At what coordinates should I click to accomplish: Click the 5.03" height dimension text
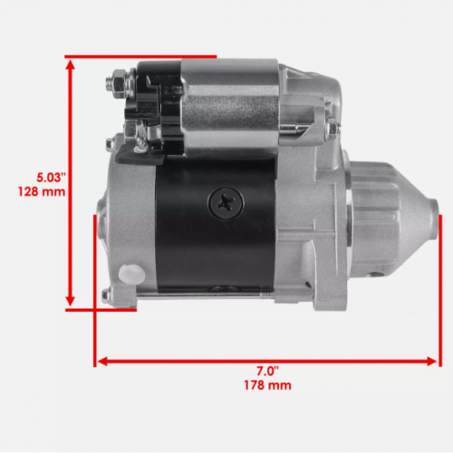pyautogui.click(x=51, y=178)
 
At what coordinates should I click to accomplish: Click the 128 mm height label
pyautogui.click(x=42, y=192)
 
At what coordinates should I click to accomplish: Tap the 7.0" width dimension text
pyautogui.click(x=267, y=371)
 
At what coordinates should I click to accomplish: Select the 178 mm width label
pyautogui.click(x=267, y=385)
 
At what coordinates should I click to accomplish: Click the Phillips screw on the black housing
pyautogui.click(x=226, y=203)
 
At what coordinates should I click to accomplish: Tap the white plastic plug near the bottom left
pyautogui.click(x=131, y=274)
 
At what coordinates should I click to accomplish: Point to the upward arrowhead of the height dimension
pyautogui.click(x=70, y=65)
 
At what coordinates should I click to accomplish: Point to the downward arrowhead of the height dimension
pyautogui.click(x=70, y=301)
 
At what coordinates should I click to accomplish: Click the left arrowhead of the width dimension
pyautogui.click(x=103, y=361)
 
